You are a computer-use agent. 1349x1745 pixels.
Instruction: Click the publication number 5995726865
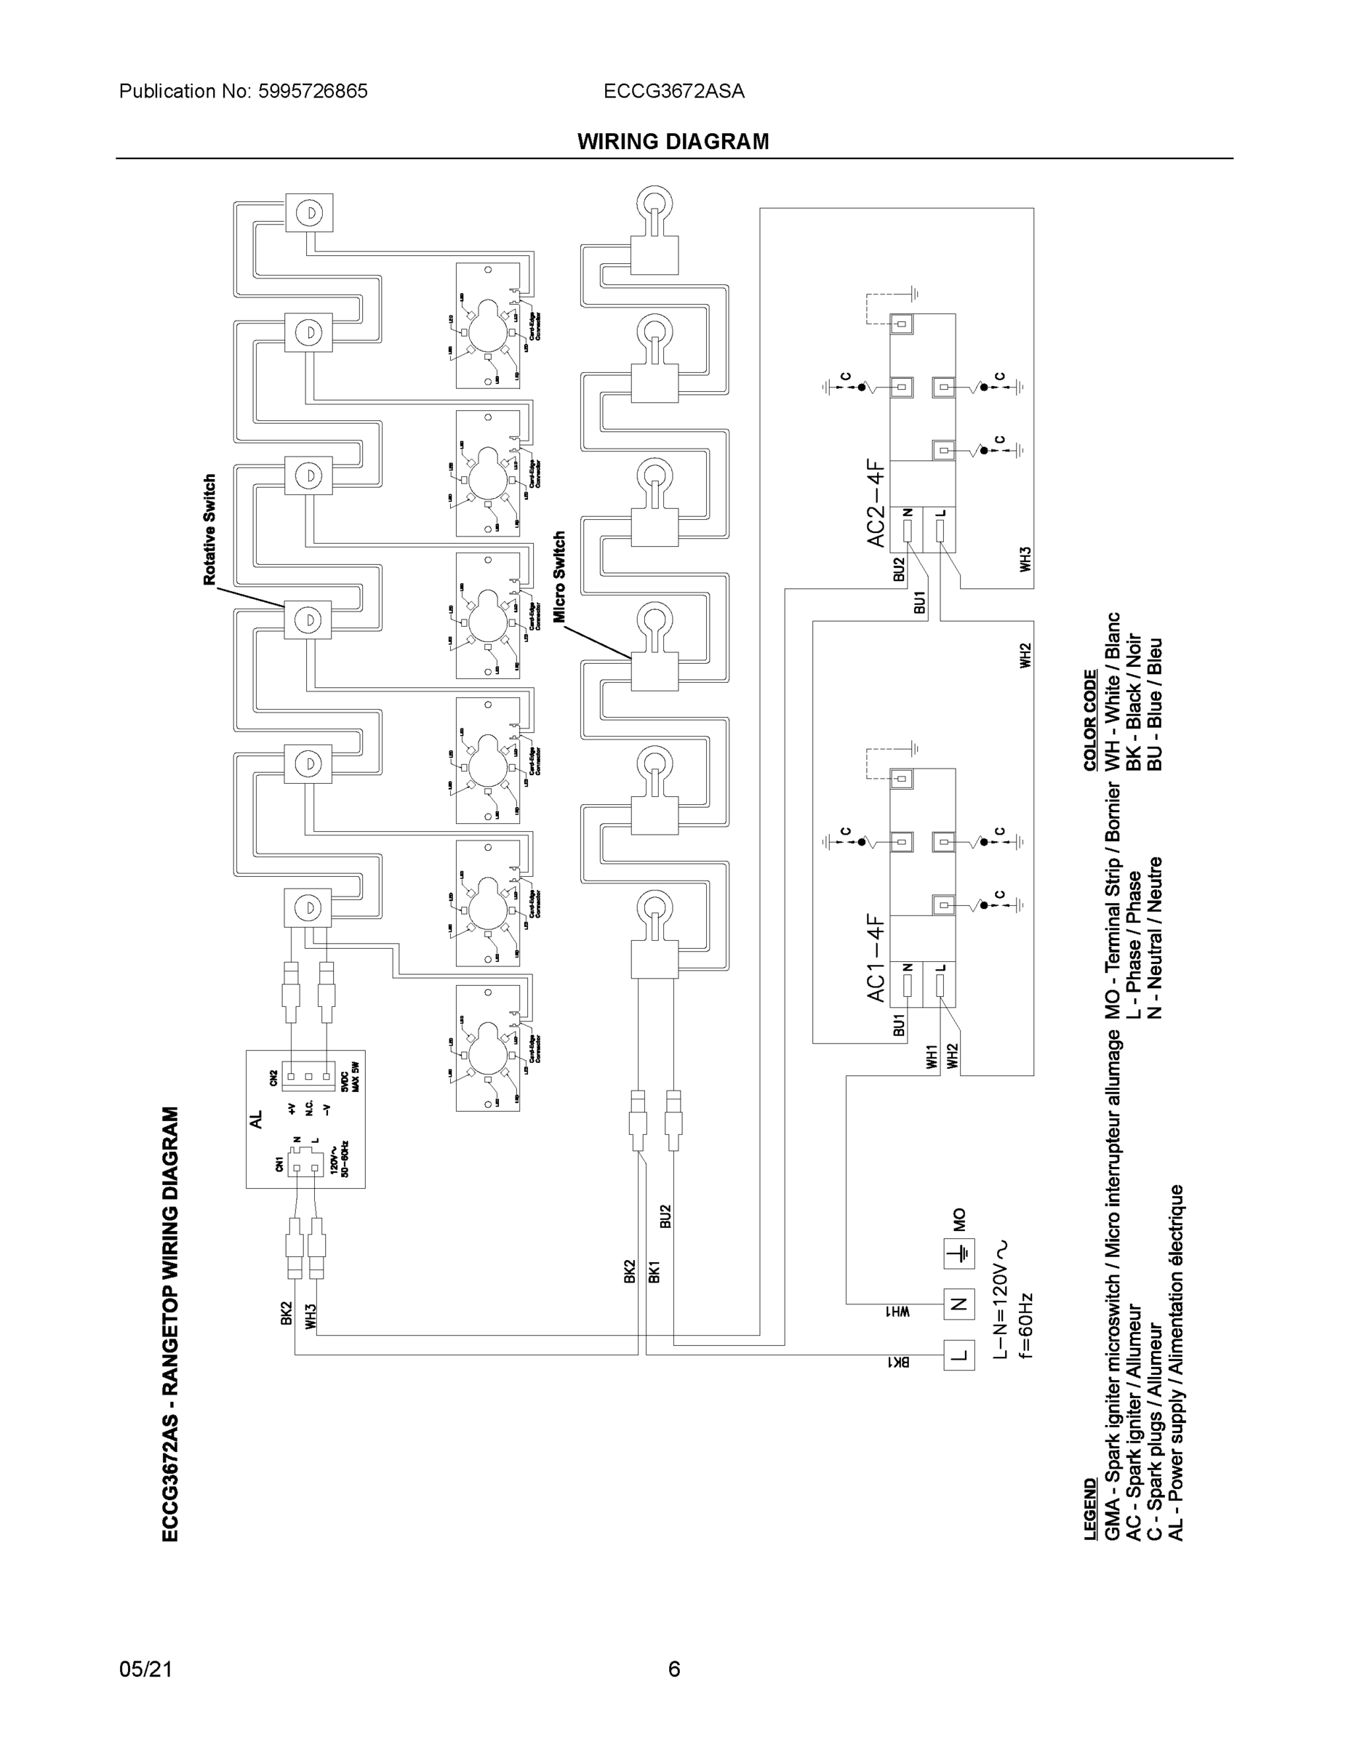313,91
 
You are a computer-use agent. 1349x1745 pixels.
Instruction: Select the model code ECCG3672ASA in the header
673,91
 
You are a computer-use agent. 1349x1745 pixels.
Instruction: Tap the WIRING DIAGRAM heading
673,142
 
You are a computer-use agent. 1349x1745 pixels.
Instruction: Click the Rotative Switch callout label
210,530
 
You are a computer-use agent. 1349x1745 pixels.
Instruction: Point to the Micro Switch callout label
559,577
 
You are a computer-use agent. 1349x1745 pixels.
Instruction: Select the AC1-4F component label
877,959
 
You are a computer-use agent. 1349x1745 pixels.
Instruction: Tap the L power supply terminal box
959,1355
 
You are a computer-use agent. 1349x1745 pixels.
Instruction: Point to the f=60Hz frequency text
1025,1326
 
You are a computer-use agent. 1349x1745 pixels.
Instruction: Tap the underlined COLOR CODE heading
1090,721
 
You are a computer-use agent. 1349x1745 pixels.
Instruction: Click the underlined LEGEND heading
1090,1509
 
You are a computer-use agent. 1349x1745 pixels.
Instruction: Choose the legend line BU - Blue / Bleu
1154,704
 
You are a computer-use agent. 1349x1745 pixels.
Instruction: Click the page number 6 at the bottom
673,1669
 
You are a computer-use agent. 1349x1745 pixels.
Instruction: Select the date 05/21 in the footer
145,1669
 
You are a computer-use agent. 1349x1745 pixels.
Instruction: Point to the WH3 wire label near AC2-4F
1025,558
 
